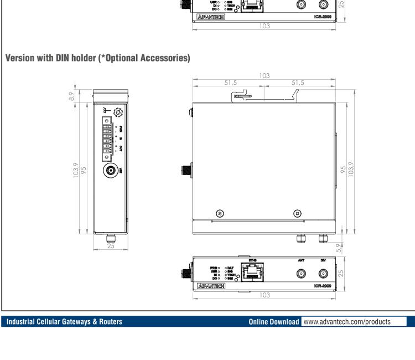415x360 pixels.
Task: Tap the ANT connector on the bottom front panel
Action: point(301,273)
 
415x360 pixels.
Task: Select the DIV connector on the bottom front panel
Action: point(323,273)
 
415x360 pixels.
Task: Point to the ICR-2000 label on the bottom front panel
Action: point(321,287)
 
